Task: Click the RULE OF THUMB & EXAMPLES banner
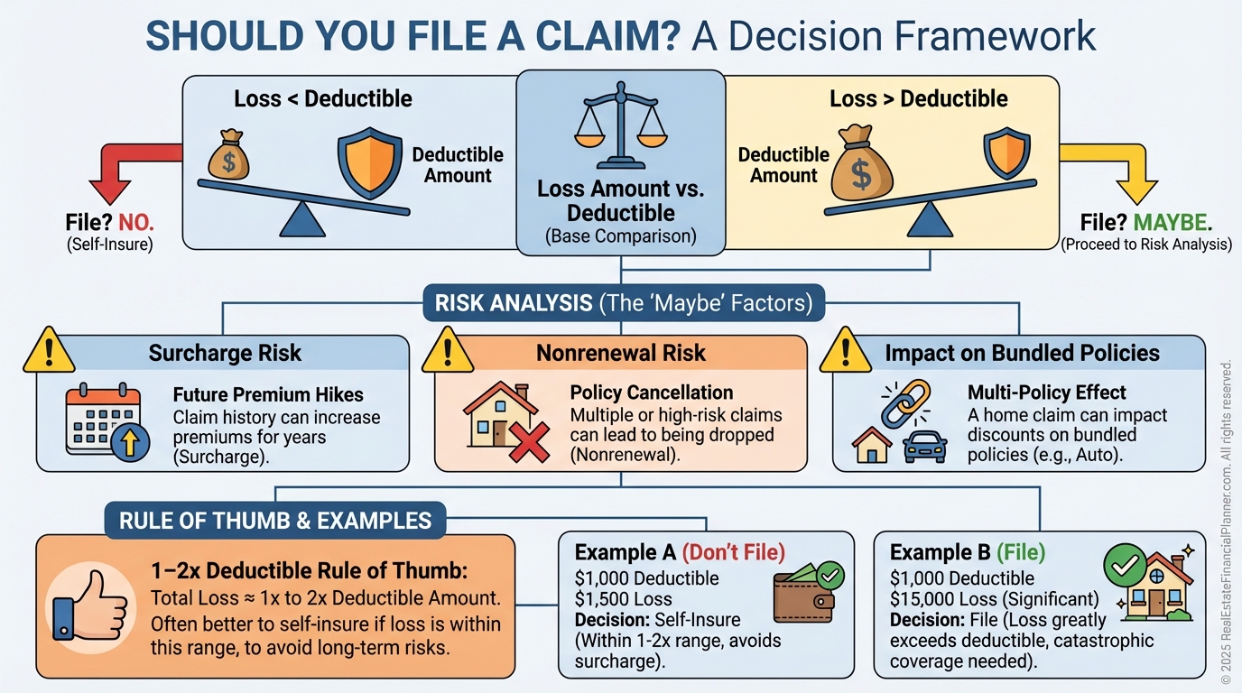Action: [276, 521]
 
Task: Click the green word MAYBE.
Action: [1173, 221]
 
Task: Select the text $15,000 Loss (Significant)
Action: [994, 599]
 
